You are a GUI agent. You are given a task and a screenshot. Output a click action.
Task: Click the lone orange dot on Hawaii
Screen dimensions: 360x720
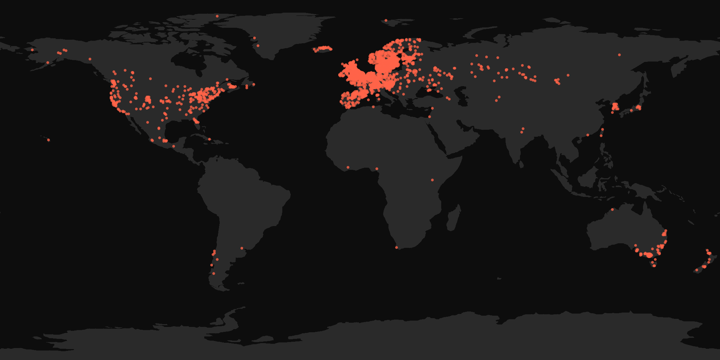tap(49, 140)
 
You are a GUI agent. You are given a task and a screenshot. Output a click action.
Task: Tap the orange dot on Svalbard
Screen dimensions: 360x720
tap(386, 20)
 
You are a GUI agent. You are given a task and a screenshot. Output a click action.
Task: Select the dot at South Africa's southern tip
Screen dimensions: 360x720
tap(397, 247)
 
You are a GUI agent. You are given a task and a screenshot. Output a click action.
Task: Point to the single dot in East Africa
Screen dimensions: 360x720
tap(432, 180)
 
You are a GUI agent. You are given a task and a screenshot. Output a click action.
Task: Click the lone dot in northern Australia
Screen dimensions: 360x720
tap(612, 210)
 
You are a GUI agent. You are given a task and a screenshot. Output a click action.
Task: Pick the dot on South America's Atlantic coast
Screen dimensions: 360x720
tap(242, 248)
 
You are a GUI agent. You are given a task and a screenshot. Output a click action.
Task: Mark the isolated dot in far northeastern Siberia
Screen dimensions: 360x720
tap(619, 55)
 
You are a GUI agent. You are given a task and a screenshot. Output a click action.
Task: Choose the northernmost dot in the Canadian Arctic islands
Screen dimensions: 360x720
tap(217, 16)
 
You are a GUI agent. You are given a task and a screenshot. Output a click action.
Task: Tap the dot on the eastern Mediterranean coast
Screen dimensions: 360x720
tap(430, 117)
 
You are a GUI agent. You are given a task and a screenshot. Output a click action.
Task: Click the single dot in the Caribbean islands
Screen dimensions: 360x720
tap(209, 139)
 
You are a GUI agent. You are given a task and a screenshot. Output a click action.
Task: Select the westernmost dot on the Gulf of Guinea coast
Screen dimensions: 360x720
tap(348, 167)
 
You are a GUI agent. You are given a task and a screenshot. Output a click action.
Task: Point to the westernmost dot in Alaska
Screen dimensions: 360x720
tap(32, 50)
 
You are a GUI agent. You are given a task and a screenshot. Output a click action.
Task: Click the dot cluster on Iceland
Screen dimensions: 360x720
tap(323, 49)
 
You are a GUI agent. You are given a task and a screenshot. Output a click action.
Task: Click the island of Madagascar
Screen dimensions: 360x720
tap(454, 218)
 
